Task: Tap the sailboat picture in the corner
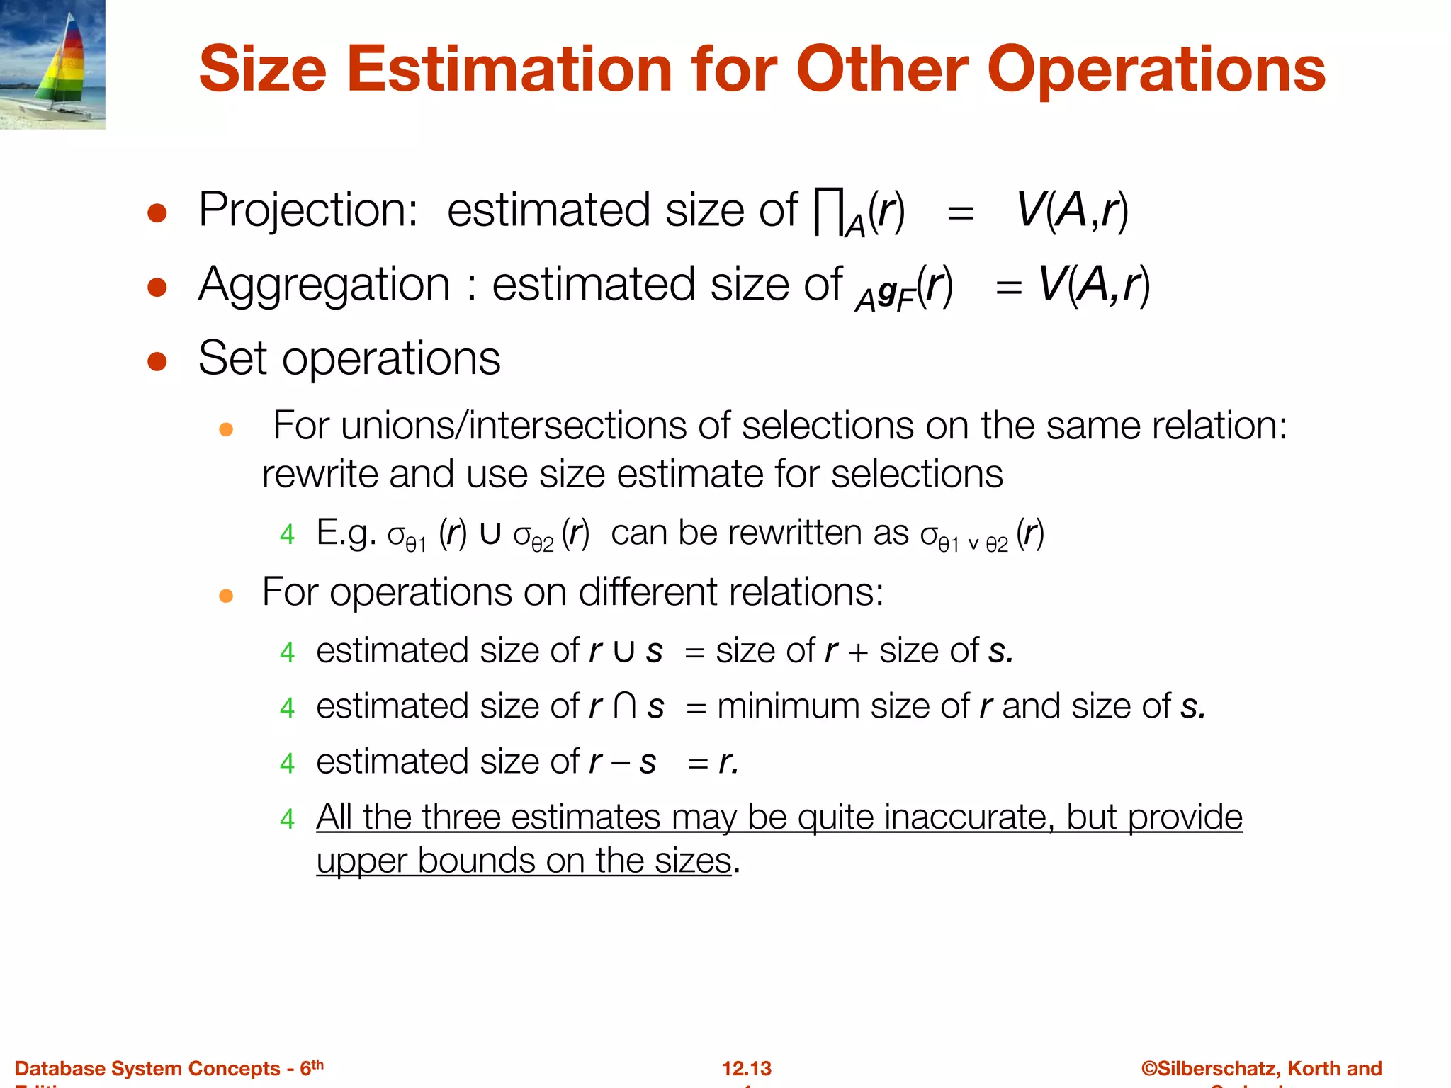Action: click(x=52, y=64)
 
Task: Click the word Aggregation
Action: click(x=324, y=285)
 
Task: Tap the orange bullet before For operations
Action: click(x=226, y=596)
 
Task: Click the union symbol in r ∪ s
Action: click(x=624, y=651)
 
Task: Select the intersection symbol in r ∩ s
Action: click(x=625, y=706)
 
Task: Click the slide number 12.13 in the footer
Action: click(x=747, y=1068)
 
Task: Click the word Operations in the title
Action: click(x=1156, y=69)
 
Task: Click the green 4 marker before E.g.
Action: click(x=287, y=534)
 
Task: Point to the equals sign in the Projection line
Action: click(x=960, y=212)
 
